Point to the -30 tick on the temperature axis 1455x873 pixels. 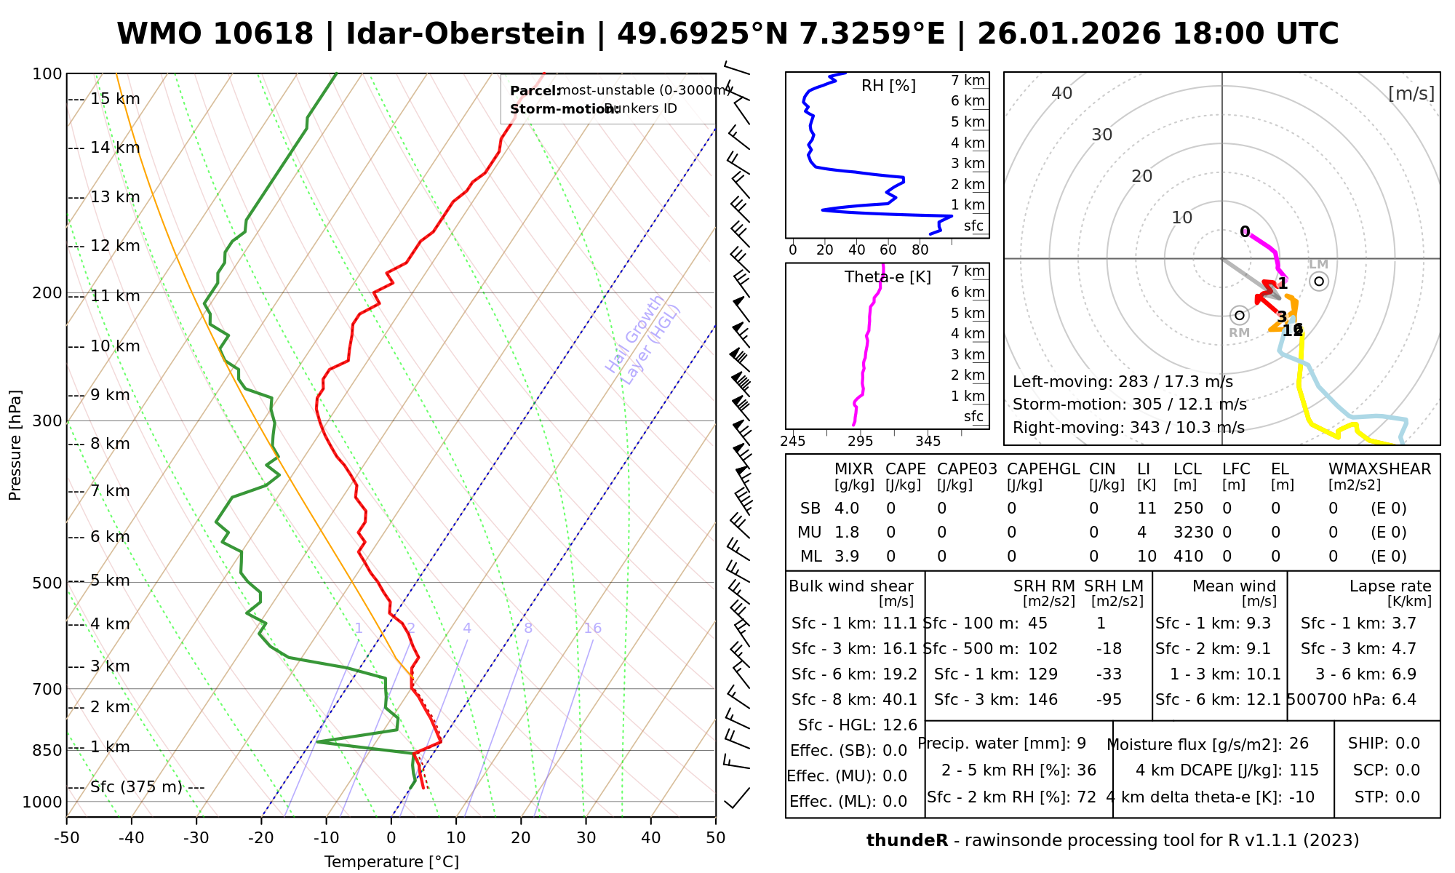point(196,838)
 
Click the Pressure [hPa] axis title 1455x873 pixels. point(15,445)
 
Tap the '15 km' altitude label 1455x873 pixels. point(115,99)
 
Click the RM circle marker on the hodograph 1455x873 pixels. point(1240,315)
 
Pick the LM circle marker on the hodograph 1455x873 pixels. point(1319,281)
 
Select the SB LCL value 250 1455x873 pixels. point(1188,509)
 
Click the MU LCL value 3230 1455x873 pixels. point(1193,533)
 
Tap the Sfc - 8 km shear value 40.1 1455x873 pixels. point(899,700)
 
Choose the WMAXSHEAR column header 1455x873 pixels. point(1379,469)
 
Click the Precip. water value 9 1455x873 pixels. point(1081,744)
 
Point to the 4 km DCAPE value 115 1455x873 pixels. point(1304,770)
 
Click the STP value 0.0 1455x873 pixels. point(1408,797)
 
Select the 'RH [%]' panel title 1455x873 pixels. point(888,86)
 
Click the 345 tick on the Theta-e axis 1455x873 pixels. point(928,442)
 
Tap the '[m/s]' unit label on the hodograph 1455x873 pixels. point(1411,94)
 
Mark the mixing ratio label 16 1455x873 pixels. point(592,629)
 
